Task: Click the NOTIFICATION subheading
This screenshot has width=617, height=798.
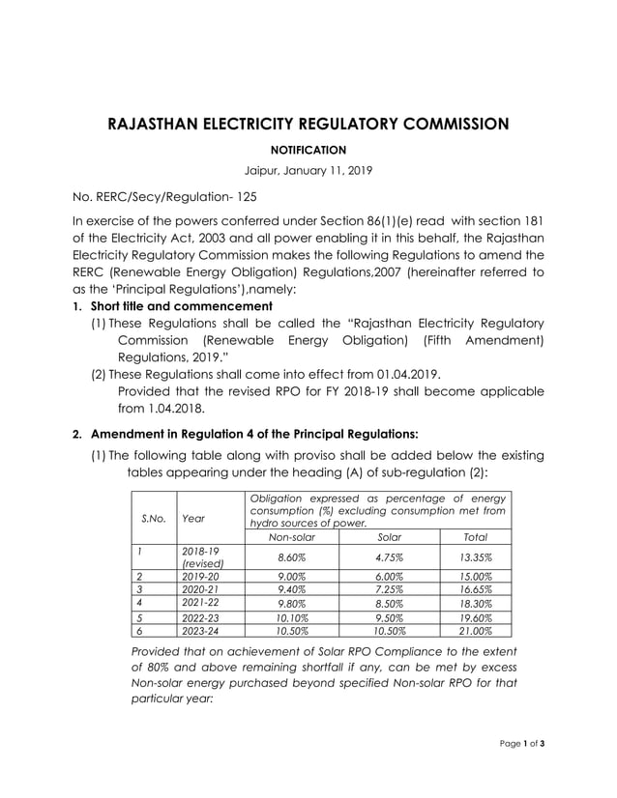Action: coord(308,150)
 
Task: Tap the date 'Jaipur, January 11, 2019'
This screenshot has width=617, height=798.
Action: coord(308,170)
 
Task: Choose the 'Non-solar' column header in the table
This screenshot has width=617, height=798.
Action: coord(292,536)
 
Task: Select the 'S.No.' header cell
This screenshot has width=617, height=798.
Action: coord(154,518)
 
